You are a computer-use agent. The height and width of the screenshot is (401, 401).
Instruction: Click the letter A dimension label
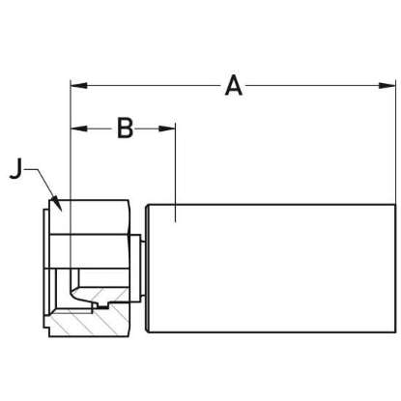click(x=233, y=86)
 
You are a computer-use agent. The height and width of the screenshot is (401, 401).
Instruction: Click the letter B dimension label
click(x=124, y=128)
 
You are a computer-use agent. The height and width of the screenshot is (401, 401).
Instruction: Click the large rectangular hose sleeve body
click(x=271, y=271)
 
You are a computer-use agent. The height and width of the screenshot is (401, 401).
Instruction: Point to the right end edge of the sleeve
click(x=394, y=271)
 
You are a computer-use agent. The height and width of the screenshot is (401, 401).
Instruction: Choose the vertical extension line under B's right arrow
click(x=174, y=174)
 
